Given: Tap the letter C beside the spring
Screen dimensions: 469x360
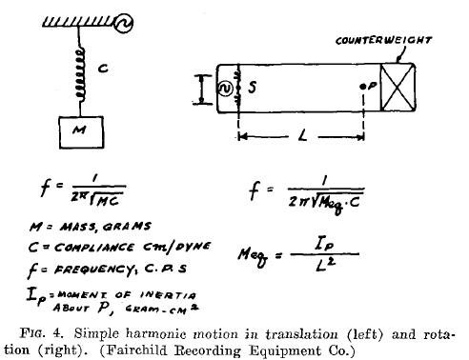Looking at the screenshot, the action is [105, 69].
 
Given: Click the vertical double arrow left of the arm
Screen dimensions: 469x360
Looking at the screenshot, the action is [201, 89].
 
